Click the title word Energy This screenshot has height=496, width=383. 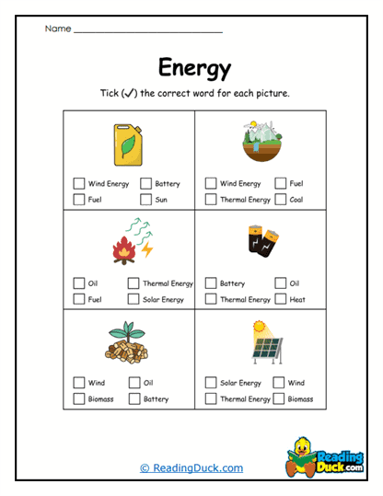point(194,68)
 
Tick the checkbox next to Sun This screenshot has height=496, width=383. point(146,199)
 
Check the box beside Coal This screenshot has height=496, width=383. point(280,199)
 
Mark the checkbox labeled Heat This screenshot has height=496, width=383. point(280,299)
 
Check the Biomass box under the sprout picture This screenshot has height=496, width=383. point(78,398)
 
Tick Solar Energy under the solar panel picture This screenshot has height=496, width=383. point(211,383)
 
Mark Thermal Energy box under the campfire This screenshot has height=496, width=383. point(134,283)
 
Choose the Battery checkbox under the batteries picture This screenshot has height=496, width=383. point(211,283)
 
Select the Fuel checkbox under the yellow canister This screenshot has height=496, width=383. point(78,199)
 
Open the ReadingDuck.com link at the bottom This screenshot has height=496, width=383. point(191,468)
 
